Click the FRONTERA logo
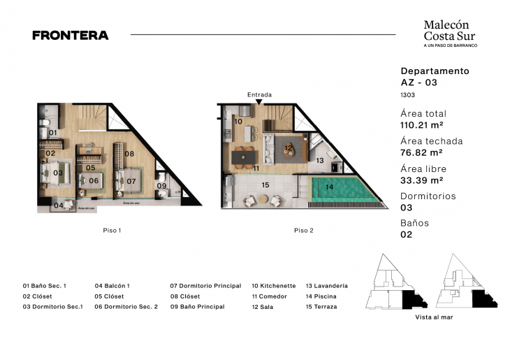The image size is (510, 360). click(x=71, y=35)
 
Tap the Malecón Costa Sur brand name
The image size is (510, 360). click(x=451, y=30)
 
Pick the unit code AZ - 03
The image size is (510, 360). click(x=419, y=82)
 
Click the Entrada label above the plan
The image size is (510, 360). click(x=259, y=94)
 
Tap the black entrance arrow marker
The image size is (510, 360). click(x=259, y=102)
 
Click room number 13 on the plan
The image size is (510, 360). click(x=319, y=161)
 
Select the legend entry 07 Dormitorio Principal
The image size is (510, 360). click(x=205, y=286)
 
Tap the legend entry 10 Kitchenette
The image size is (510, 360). click(x=273, y=286)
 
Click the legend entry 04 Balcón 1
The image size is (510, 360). click(x=112, y=286)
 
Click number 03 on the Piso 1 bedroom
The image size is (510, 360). click(x=58, y=173)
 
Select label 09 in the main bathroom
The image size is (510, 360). click(x=161, y=186)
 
